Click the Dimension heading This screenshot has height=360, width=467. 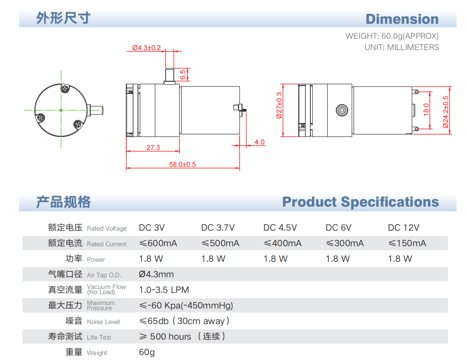pos(402,19)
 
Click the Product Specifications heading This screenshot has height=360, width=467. pos(360,202)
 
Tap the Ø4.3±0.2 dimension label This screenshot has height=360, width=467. pos(146,48)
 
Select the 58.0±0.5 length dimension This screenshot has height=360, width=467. pos(182,164)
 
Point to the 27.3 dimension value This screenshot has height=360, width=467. pos(153,147)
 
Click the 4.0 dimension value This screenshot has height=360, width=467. pos(259,142)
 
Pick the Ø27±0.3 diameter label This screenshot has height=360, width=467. pos(279,105)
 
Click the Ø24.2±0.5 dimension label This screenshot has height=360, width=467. pos(446,112)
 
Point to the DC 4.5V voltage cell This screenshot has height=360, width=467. pos(280,228)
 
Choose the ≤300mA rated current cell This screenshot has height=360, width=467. pos(345,243)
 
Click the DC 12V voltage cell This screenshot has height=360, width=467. pos(403,228)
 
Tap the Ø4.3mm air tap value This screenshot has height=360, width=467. pos(156,274)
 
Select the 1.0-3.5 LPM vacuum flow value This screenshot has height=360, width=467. pos(164,290)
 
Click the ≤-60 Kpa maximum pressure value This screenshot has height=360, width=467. pos(186,306)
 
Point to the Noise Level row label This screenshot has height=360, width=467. pos(103,322)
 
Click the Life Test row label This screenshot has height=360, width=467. pos(99,337)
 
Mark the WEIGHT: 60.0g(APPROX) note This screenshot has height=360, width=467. pos(392,36)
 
